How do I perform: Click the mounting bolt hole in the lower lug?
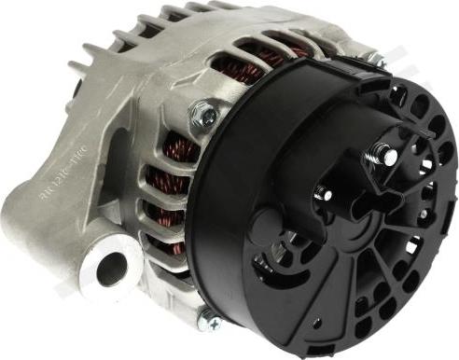111,269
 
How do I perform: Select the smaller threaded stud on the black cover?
324,193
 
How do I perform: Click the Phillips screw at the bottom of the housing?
214,322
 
